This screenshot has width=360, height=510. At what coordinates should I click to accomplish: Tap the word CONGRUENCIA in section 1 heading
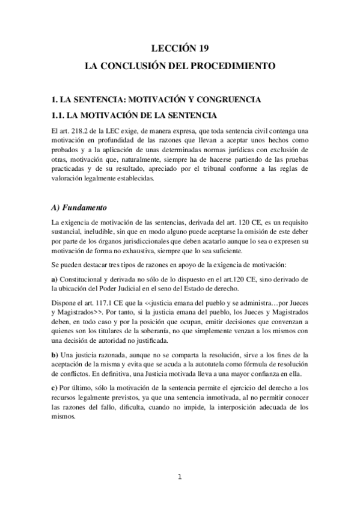(230, 98)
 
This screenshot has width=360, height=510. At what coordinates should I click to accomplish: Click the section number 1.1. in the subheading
(61, 114)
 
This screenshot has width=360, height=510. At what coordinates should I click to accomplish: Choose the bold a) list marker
(55, 280)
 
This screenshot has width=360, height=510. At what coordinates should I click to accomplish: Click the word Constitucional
(84, 280)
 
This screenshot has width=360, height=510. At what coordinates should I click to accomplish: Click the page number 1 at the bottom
(180, 478)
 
